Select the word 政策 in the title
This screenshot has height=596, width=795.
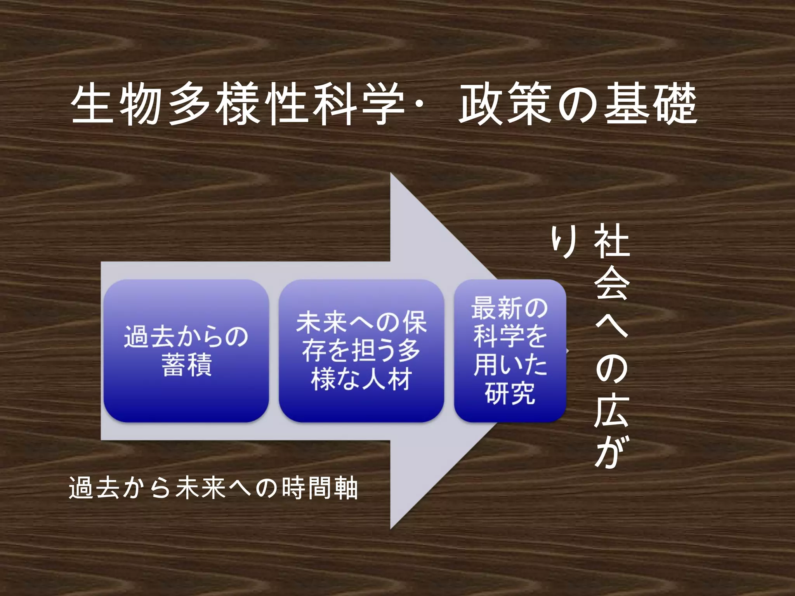pos(505,105)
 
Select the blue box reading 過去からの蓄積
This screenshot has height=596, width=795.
pos(186,351)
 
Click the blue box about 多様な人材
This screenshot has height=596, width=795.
pos(361,351)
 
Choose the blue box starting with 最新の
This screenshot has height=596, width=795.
pos(510,351)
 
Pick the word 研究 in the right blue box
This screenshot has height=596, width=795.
pos(510,393)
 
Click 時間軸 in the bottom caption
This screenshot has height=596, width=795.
pos(319,489)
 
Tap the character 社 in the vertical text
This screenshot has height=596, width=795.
pos(611,241)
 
